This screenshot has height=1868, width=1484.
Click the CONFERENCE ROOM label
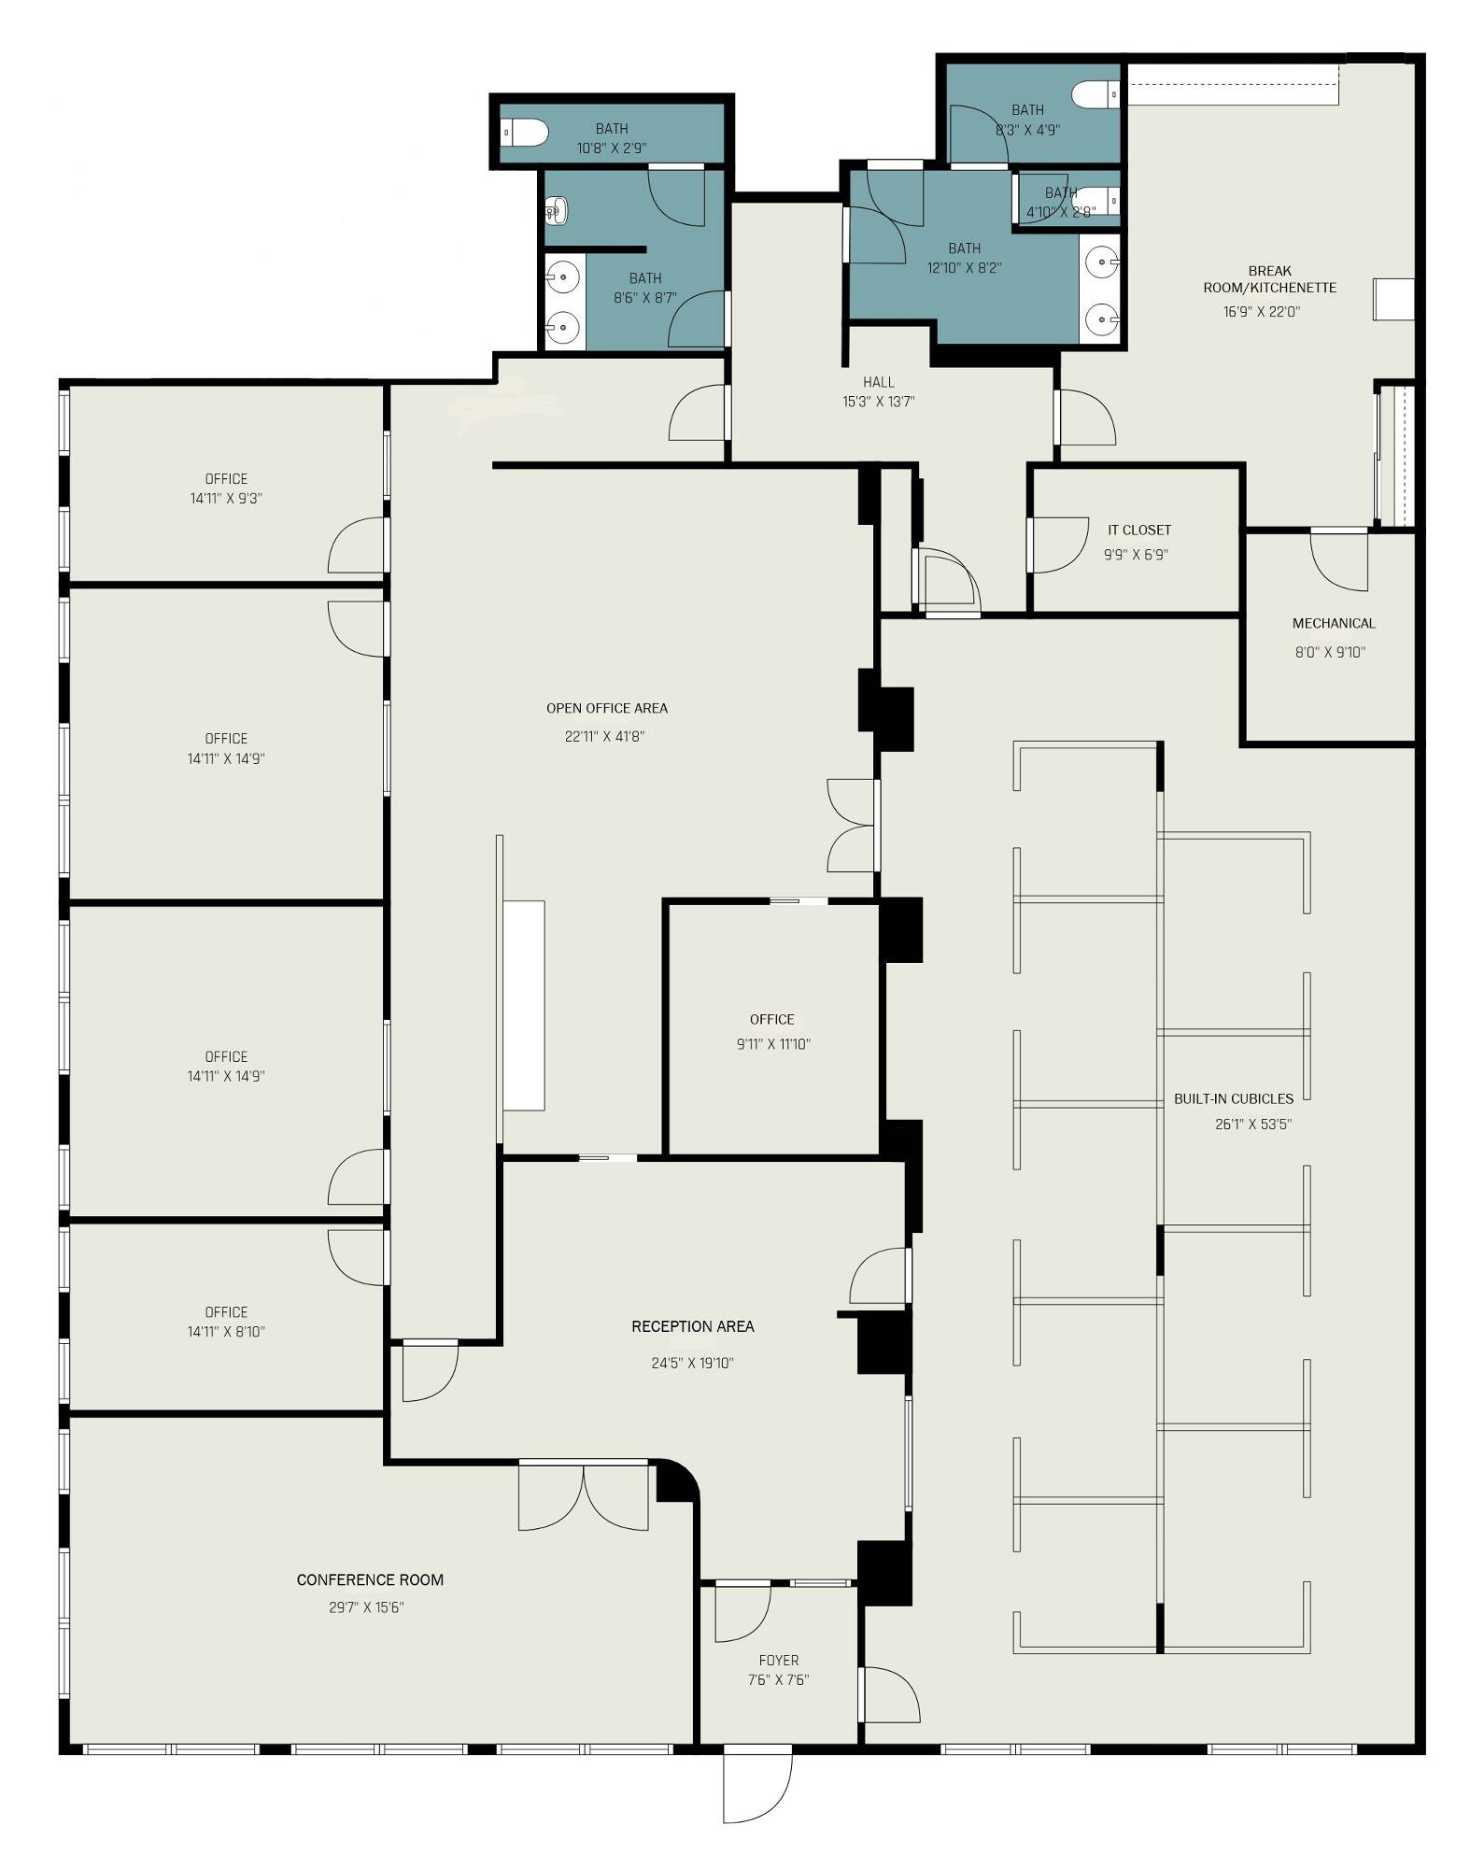(370, 1579)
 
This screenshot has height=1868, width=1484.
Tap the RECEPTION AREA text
(692, 1326)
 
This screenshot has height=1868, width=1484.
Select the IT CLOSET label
(1139, 530)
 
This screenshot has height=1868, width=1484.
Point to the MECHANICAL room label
(1334, 623)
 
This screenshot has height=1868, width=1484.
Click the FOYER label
(779, 1660)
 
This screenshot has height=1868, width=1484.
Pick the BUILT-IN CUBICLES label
(1234, 1098)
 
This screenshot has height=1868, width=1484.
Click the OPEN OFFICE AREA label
(607, 708)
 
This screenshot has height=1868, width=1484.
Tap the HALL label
(879, 382)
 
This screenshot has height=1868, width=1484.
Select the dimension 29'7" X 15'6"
(366, 1607)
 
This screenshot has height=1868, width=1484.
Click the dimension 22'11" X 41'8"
(604, 736)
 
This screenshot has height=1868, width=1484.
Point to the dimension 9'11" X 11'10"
(773, 1044)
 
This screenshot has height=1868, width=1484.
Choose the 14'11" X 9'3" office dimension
(226, 499)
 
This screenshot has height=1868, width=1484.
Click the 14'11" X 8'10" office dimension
(226, 1332)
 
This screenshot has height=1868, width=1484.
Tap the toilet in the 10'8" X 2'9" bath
(525, 134)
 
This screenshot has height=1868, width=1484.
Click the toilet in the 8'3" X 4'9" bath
(1095, 94)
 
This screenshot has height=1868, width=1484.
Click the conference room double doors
(584, 1495)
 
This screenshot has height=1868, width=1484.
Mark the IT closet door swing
(1058, 545)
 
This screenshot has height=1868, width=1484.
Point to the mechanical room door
(1339, 559)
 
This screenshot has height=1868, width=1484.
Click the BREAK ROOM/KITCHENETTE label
(1269, 279)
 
